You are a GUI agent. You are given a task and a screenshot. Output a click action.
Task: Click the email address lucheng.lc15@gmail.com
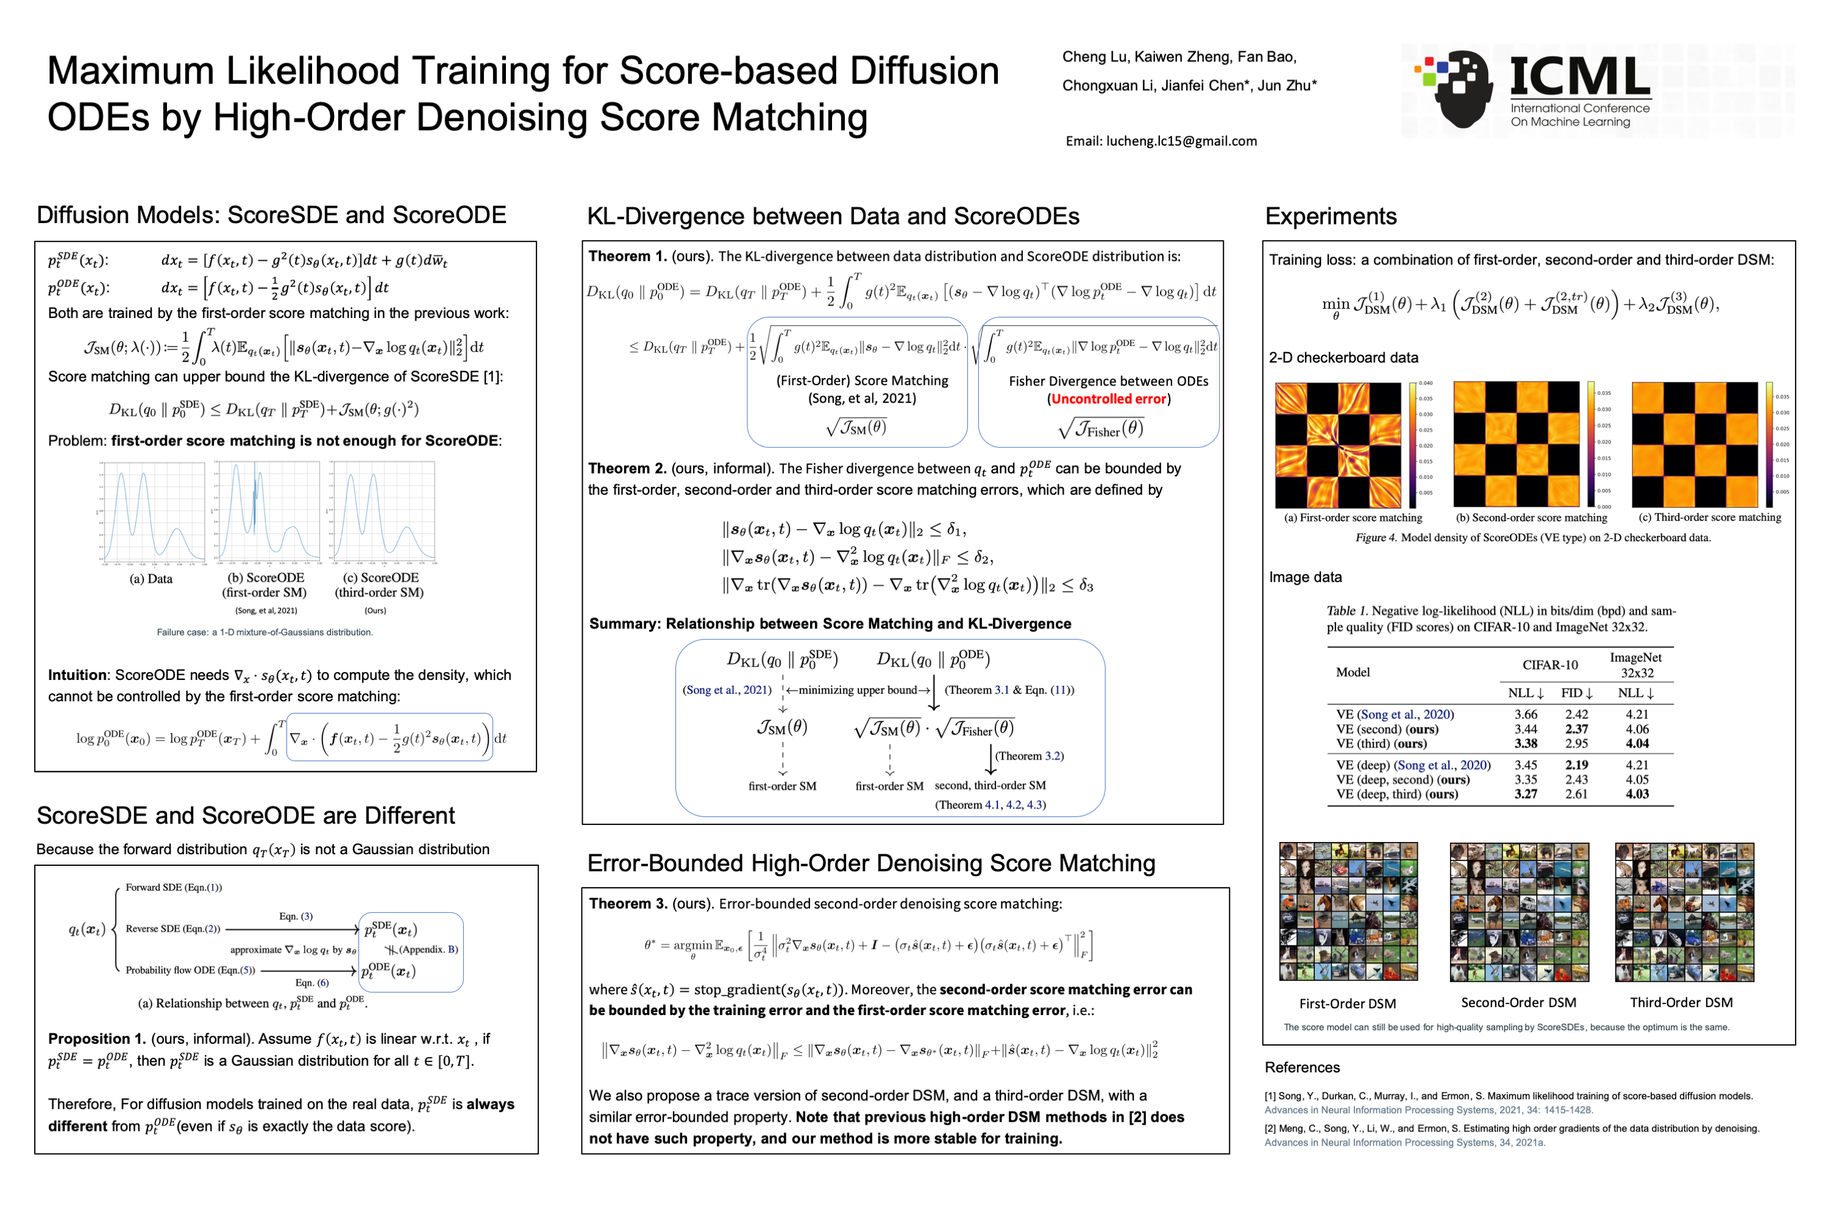pos(1161,141)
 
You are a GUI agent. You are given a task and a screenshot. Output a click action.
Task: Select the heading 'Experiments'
pos(1330,216)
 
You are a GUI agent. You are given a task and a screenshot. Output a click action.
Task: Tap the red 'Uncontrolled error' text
pos(1109,399)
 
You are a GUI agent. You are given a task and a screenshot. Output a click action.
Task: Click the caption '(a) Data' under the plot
pos(151,579)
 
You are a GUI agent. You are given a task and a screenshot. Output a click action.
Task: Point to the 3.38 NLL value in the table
pos(1525,743)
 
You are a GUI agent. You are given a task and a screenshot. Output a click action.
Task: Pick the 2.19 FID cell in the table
pos(1576,765)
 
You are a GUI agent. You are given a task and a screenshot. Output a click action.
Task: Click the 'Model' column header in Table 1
pos(1353,673)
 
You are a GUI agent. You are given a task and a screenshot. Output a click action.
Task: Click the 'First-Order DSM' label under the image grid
pos(1347,1004)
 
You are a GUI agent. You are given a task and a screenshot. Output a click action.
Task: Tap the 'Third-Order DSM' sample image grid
pos(1684,912)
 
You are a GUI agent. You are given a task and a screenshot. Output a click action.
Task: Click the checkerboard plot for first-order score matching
pos(1338,445)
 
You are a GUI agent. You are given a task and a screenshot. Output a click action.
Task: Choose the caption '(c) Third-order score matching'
pos(1709,517)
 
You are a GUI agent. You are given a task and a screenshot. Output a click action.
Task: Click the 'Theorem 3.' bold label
pos(628,904)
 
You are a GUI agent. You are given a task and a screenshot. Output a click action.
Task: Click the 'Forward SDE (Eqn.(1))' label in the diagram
pos(174,888)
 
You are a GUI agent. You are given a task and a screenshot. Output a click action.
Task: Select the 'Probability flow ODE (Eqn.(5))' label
pos(190,970)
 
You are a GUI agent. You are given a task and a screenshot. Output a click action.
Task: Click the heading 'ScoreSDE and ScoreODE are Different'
pos(246,816)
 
